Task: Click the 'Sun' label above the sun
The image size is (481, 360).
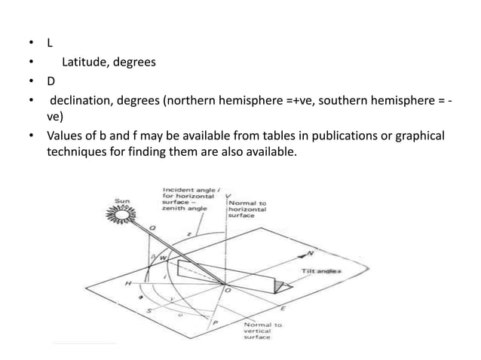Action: (x=121, y=201)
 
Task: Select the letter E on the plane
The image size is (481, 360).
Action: (x=283, y=309)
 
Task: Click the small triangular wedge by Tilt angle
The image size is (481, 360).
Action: (x=280, y=285)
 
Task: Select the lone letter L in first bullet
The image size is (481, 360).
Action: (x=50, y=43)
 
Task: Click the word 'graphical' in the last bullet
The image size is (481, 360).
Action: (x=420, y=136)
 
